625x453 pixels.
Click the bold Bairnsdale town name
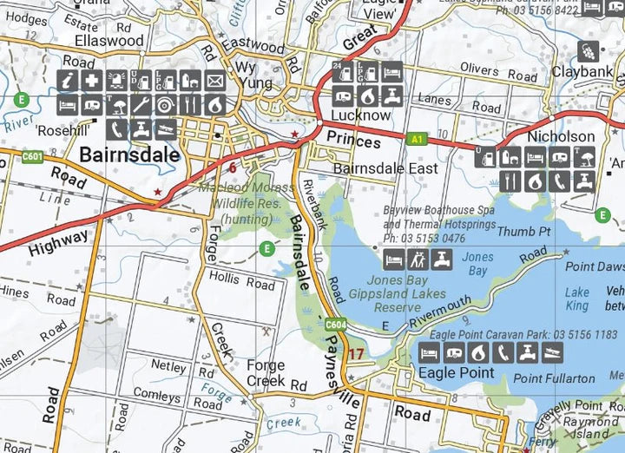click(x=129, y=155)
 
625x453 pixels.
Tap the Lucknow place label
click(x=360, y=115)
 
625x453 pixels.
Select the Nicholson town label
click(x=562, y=136)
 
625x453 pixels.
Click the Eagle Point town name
click(x=456, y=373)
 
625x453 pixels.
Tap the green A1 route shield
click(x=418, y=137)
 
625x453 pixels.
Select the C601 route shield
click(x=33, y=156)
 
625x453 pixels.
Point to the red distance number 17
click(x=356, y=353)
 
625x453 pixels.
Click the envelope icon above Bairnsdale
click(x=214, y=82)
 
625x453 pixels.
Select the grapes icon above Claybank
click(x=588, y=50)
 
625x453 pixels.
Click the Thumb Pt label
click(x=523, y=232)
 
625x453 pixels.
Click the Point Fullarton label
click(x=554, y=378)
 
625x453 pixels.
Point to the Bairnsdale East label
click(x=385, y=168)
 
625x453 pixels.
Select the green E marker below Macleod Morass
click(x=267, y=250)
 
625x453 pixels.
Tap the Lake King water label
click(x=577, y=299)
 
